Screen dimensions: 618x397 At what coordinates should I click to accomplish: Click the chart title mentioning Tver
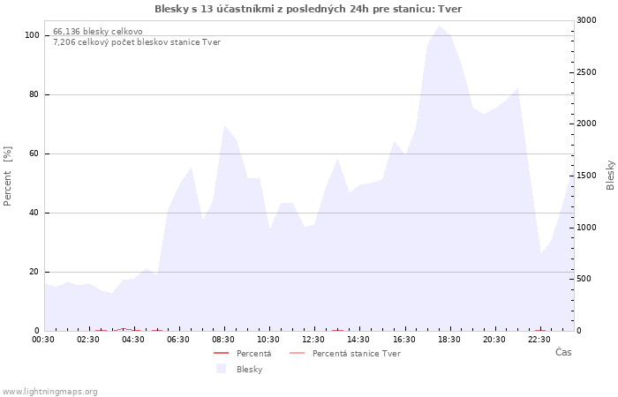pyautogui.click(x=308, y=9)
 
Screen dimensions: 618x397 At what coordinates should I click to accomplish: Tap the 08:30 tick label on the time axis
pyautogui.click(x=223, y=340)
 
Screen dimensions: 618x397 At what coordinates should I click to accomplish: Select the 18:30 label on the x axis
pyautogui.click(x=448, y=340)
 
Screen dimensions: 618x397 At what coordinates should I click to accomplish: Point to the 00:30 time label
pyautogui.click(x=43, y=340)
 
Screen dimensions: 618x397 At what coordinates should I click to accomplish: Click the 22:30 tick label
pyautogui.click(x=539, y=340)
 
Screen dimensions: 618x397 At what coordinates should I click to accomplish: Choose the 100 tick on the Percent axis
pyautogui.click(x=32, y=35)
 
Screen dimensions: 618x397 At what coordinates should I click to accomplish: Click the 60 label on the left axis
pyautogui.click(x=34, y=154)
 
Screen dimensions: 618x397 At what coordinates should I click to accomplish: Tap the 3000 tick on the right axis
pyautogui.click(x=586, y=20)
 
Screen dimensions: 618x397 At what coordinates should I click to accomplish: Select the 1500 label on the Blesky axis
pyautogui.click(x=586, y=176)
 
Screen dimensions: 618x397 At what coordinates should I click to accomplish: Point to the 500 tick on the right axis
pyautogui.click(x=584, y=279)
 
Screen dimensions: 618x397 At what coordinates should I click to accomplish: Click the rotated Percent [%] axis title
pyautogui.click(x=7, y=176)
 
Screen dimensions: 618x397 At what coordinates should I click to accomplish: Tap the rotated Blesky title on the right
pyautogui.click(x=610, y=175)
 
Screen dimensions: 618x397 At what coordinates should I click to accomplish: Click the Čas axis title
pyautogui.click(x=563, y=352)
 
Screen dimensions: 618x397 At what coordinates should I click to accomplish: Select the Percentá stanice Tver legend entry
pyautogui.click(x=345, y=353)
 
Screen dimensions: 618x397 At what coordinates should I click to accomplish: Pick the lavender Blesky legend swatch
pyautogui.click(x=221, y=369)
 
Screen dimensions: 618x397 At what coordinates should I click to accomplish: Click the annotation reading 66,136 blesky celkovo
pyautogui.click(x=98, y=32)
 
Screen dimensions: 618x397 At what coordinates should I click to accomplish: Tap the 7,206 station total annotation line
pyautogui.click(x=137, y=42)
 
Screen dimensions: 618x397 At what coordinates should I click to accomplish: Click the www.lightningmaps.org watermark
pyautogui.click(x=49, y=392)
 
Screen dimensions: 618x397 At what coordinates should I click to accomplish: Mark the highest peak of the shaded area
pyautogui.click(x=439, y=26)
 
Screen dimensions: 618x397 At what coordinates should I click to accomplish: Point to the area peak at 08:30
pyautogui.click(x=224, y=125)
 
